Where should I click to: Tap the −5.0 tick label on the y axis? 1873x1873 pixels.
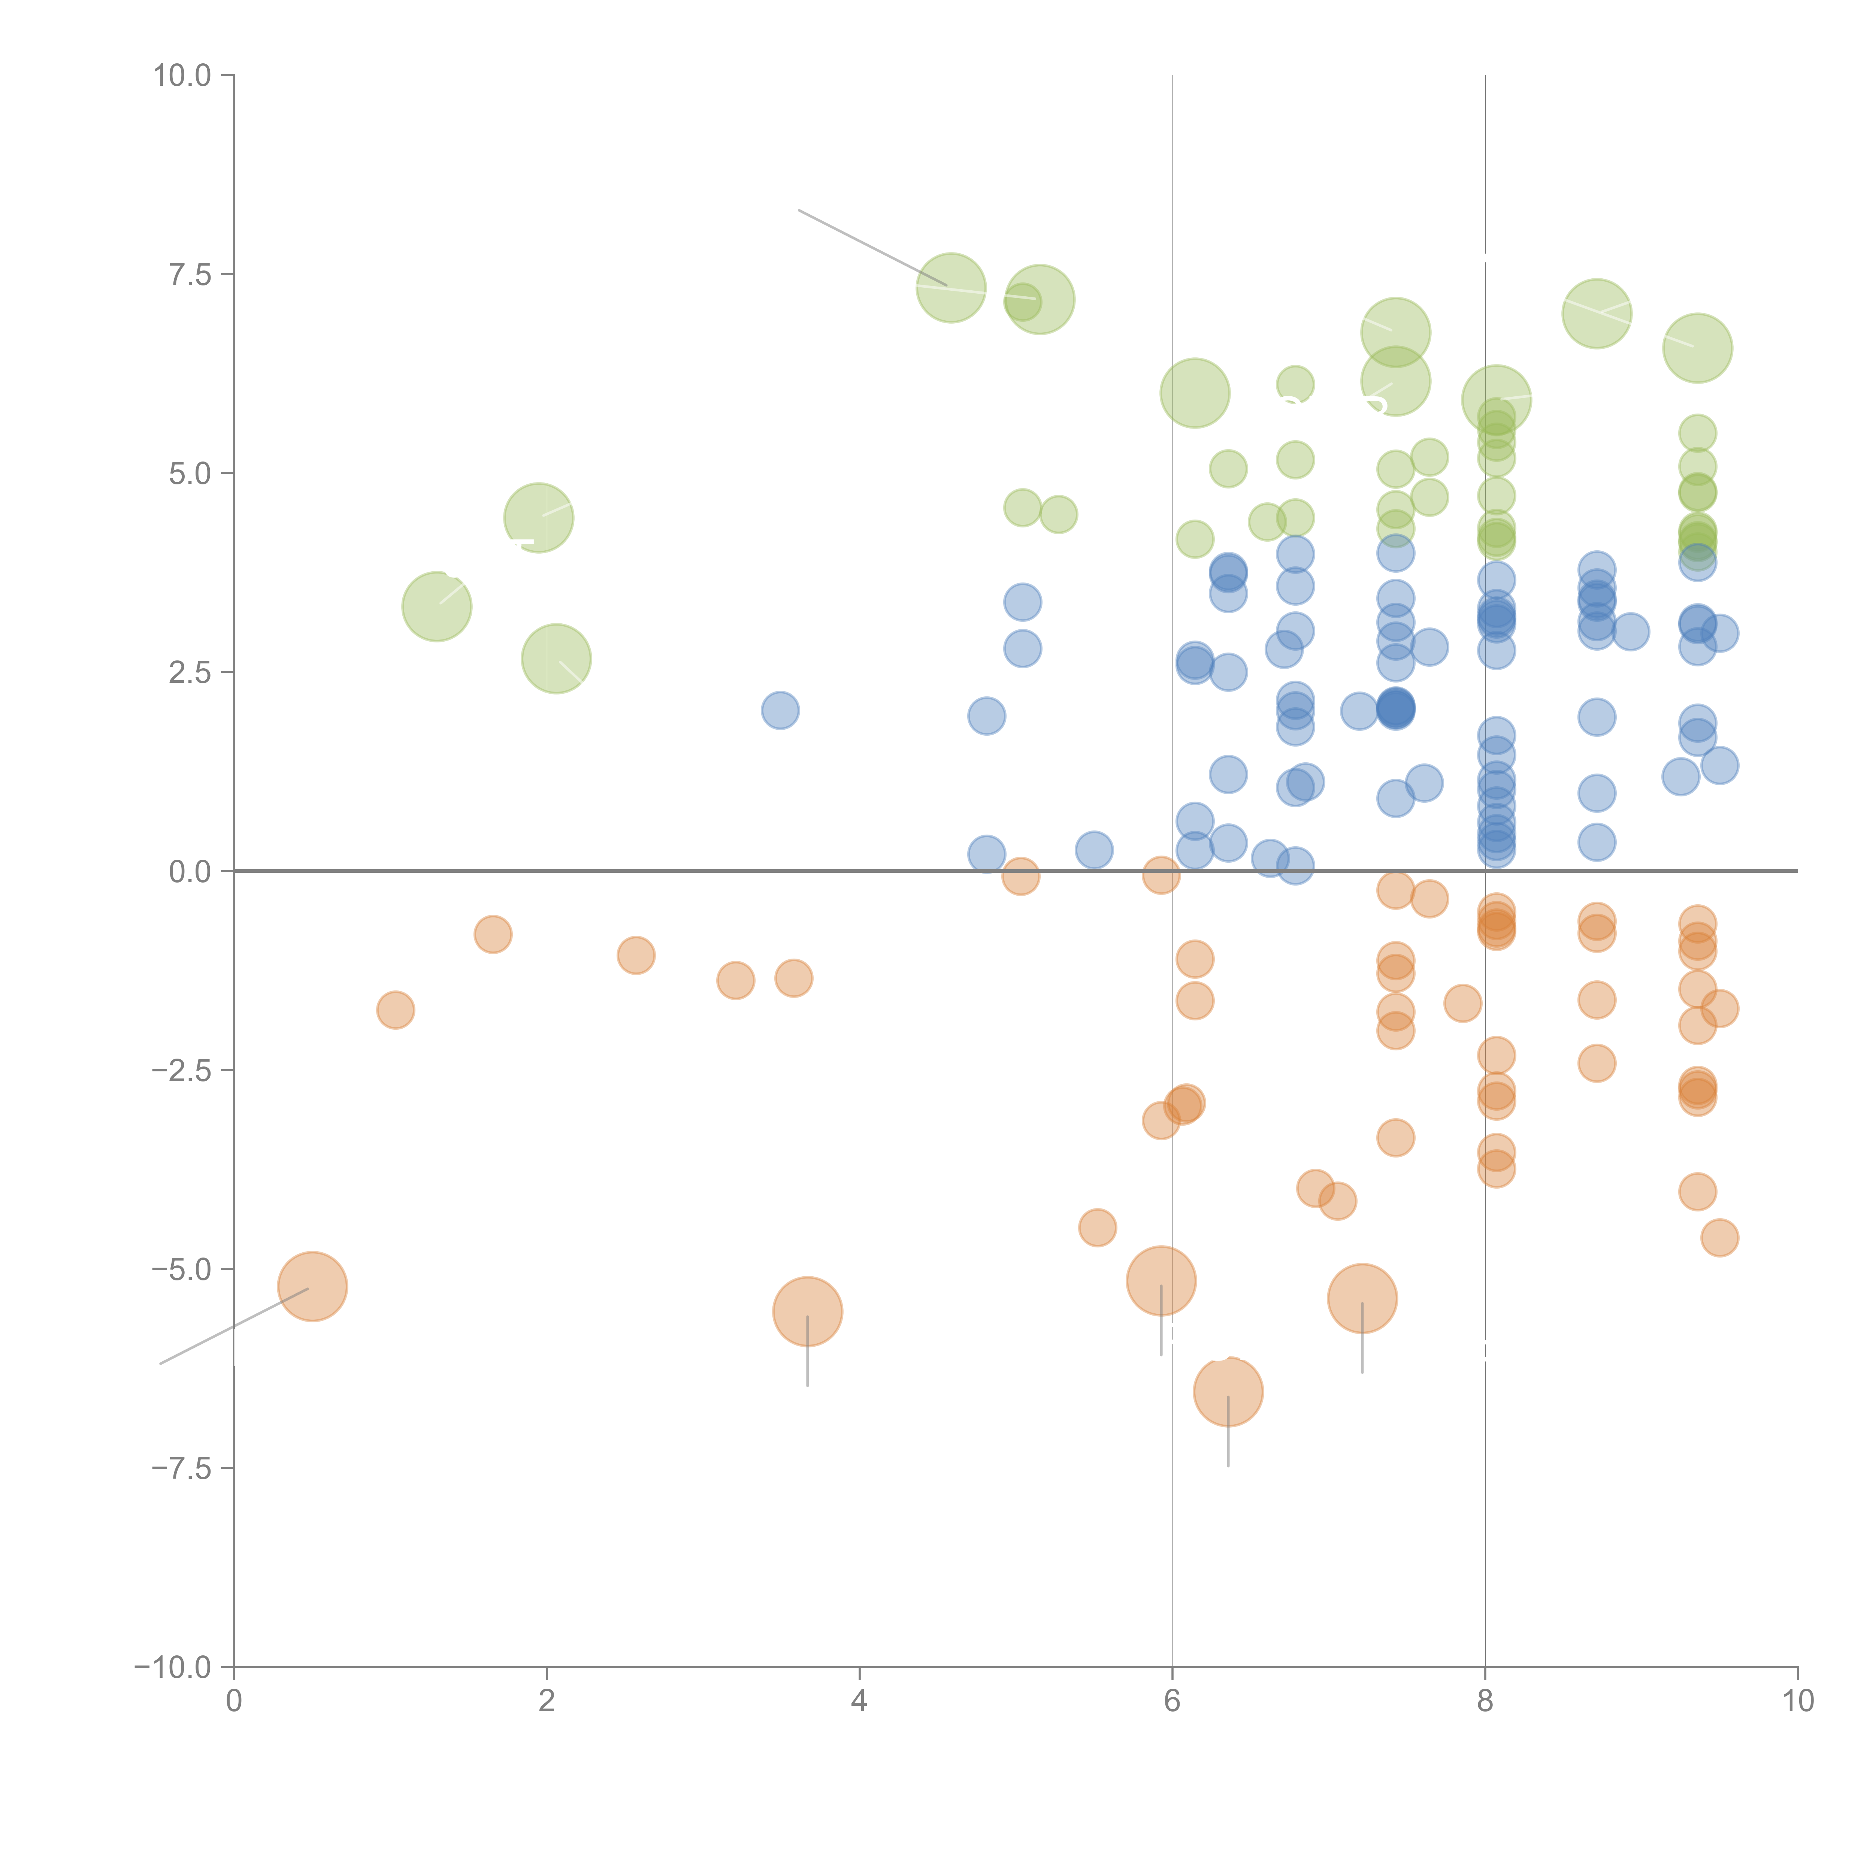181,1269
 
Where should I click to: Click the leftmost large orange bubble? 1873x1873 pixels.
312,1286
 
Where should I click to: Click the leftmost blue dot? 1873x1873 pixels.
780,711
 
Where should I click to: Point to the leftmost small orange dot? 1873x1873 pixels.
396,1010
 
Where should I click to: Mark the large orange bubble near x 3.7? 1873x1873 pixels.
808,1312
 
